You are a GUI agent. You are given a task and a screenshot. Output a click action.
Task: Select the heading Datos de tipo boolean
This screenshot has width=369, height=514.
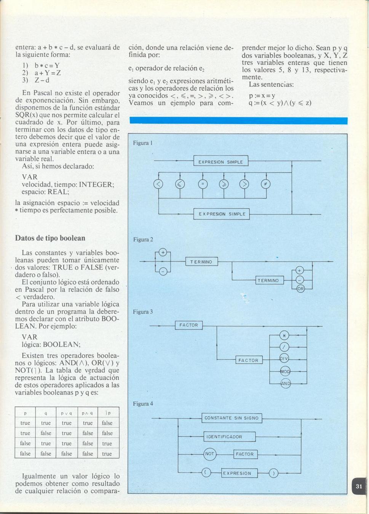[x=50, y=238]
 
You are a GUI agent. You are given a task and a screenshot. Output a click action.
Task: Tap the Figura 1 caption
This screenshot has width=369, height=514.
[x=143, y=143]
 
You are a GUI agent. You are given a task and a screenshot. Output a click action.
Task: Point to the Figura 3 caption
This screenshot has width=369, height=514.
[x=143, y=312]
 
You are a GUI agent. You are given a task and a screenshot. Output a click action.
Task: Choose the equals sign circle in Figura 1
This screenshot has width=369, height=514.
[x=203, y=184]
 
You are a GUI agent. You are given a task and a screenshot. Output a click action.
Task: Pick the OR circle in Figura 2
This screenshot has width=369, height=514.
[x=300, y=289]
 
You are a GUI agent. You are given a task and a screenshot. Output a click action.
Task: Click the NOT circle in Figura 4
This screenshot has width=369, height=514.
[x=209, y=454]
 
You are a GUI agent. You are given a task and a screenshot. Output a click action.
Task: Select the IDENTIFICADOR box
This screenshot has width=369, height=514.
[x=229, y=437]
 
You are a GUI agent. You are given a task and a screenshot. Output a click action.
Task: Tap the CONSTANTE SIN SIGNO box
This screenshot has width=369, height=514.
[x=232, y=418]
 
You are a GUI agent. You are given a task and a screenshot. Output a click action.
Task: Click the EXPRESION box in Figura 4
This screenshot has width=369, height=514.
[x=239, y=473]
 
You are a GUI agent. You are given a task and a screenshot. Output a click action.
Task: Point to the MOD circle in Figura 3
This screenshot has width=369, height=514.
[x=285, y=371]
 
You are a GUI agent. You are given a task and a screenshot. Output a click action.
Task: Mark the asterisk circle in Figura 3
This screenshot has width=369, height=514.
[x=284, y=336]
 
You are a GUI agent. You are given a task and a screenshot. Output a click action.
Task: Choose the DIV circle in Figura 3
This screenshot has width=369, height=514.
[x=284, y=358]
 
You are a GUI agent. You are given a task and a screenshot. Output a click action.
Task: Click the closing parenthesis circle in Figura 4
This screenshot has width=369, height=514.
[x=273, y=473]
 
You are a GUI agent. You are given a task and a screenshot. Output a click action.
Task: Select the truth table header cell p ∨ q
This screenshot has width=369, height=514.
[x=67, y=413]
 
